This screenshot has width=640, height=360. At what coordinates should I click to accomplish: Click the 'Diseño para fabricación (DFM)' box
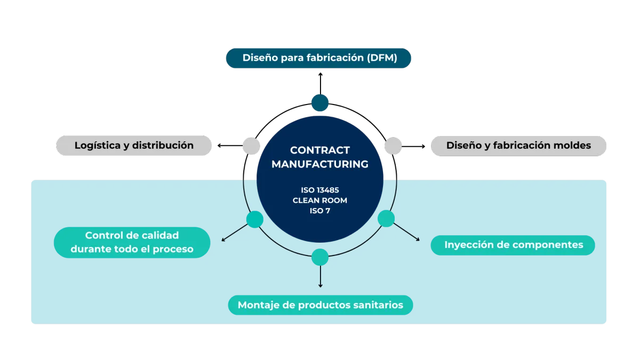point(318,58)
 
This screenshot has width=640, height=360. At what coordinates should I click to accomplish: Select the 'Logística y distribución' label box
point(134,146)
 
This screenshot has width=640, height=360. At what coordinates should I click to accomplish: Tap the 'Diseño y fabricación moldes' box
point(518,146)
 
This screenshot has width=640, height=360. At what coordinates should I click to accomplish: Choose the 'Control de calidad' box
point(132,243)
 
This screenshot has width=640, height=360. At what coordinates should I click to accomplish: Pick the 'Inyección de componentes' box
point(513,245)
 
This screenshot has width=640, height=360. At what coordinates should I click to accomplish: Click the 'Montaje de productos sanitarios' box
point(321,305)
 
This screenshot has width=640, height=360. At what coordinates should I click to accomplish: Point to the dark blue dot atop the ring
point(320,103)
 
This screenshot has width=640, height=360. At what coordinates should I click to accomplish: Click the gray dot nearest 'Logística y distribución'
point(251,146)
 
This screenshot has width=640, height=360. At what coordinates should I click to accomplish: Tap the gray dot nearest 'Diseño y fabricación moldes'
point(393,146)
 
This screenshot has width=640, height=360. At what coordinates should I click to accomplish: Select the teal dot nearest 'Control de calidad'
point(255,219)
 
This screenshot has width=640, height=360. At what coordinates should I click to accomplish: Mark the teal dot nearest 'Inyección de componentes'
point(386,219)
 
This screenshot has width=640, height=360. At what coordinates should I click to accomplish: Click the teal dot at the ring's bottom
point(320,257)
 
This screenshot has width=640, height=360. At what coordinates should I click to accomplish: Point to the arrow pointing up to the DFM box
point(321,83)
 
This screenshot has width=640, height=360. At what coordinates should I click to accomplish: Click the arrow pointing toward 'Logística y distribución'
point(230,146)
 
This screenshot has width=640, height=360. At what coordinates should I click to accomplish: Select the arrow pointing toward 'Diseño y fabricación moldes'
point(413,146)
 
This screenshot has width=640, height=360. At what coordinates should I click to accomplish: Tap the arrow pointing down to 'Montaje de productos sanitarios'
point(321,277)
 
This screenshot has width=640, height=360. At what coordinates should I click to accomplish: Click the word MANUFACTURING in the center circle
point(320,164)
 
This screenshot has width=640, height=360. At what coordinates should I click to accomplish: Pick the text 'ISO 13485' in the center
point(320,190)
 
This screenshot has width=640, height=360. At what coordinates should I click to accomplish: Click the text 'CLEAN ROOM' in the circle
point(320,201)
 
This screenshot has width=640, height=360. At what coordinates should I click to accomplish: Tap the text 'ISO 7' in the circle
point(320,211)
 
